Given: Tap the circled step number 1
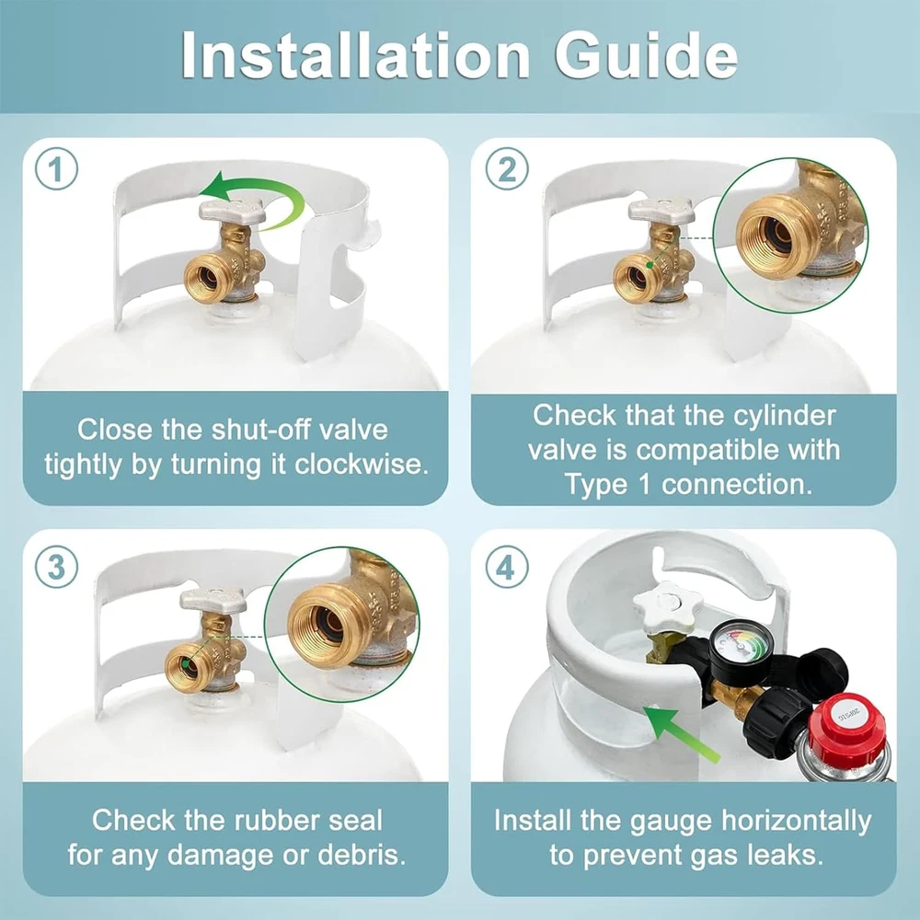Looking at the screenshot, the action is pyautogui.click(x=56, y=168).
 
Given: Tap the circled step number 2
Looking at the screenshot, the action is pyautogui.click(x=507, y=168).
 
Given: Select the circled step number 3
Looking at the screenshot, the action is pyautogui.click(x=56, y=567).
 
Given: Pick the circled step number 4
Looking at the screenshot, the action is pyautogui.click(x=507, y=567).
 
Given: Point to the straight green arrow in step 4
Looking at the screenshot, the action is pyautogui.click(x=681, y=733).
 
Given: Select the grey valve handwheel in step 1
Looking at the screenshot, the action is pyautogui.click(x=233, y=210).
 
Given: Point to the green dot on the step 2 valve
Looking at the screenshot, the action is pyautogui.click(x=650, y=265).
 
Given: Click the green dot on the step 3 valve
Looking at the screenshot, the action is pyautogui.click(x=186, y=663).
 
